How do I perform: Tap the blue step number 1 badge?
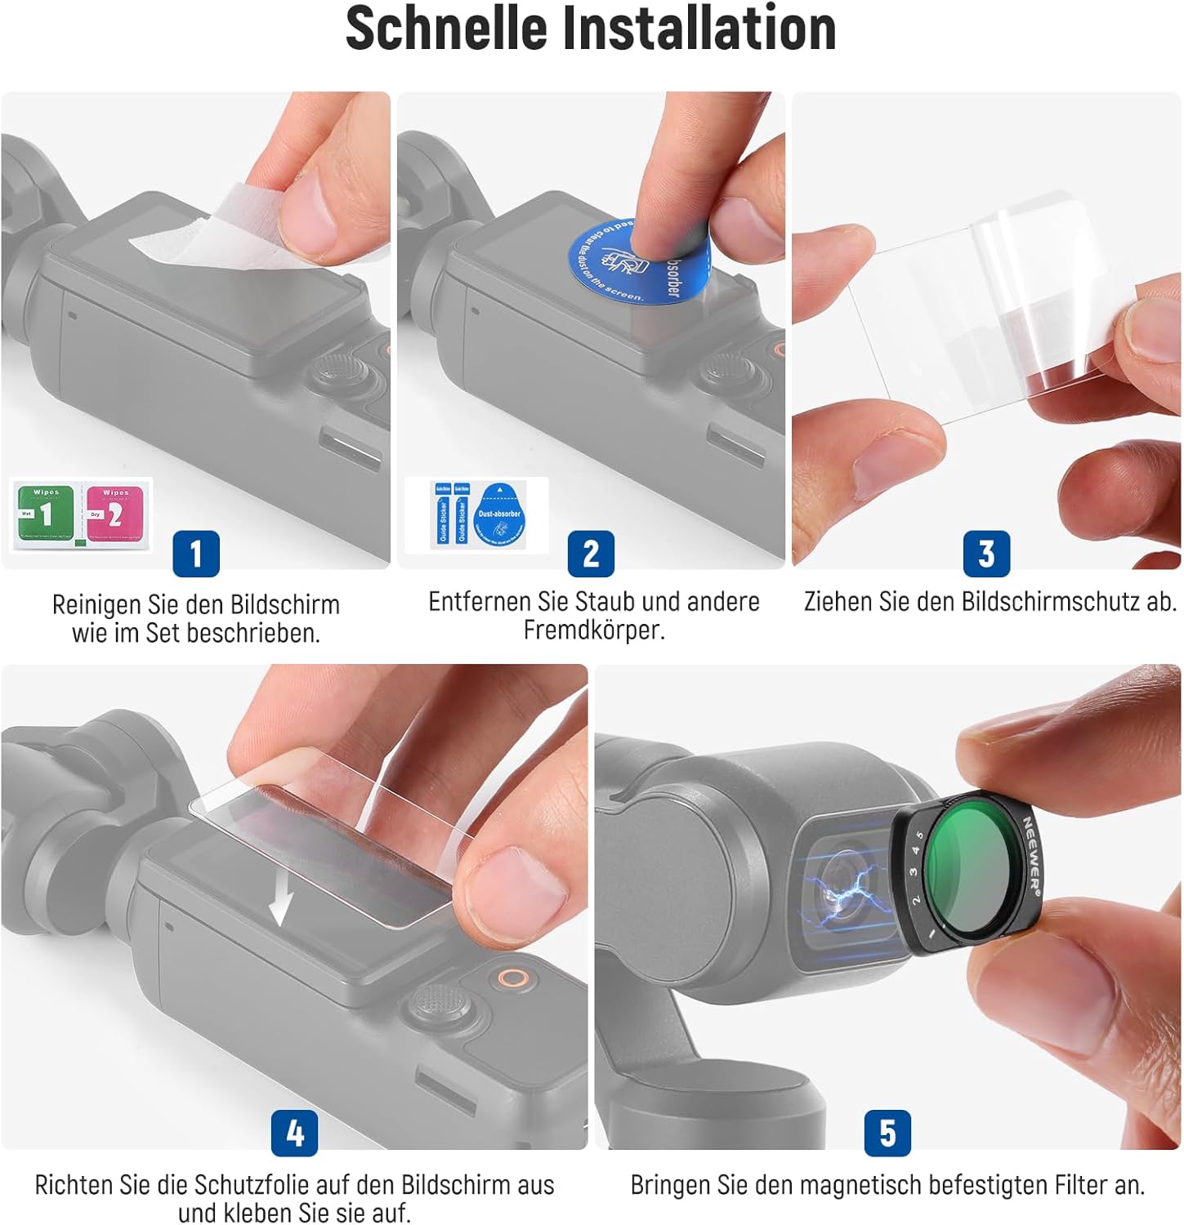coord(196,554)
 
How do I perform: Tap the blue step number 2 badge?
coord(591,554)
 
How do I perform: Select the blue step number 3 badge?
coord(986,554)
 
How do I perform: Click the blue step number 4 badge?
coord(295,1133)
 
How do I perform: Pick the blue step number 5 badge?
coord(887,1133)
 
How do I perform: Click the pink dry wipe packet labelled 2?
coord(115,514)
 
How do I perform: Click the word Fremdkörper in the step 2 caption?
coord(594,630)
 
